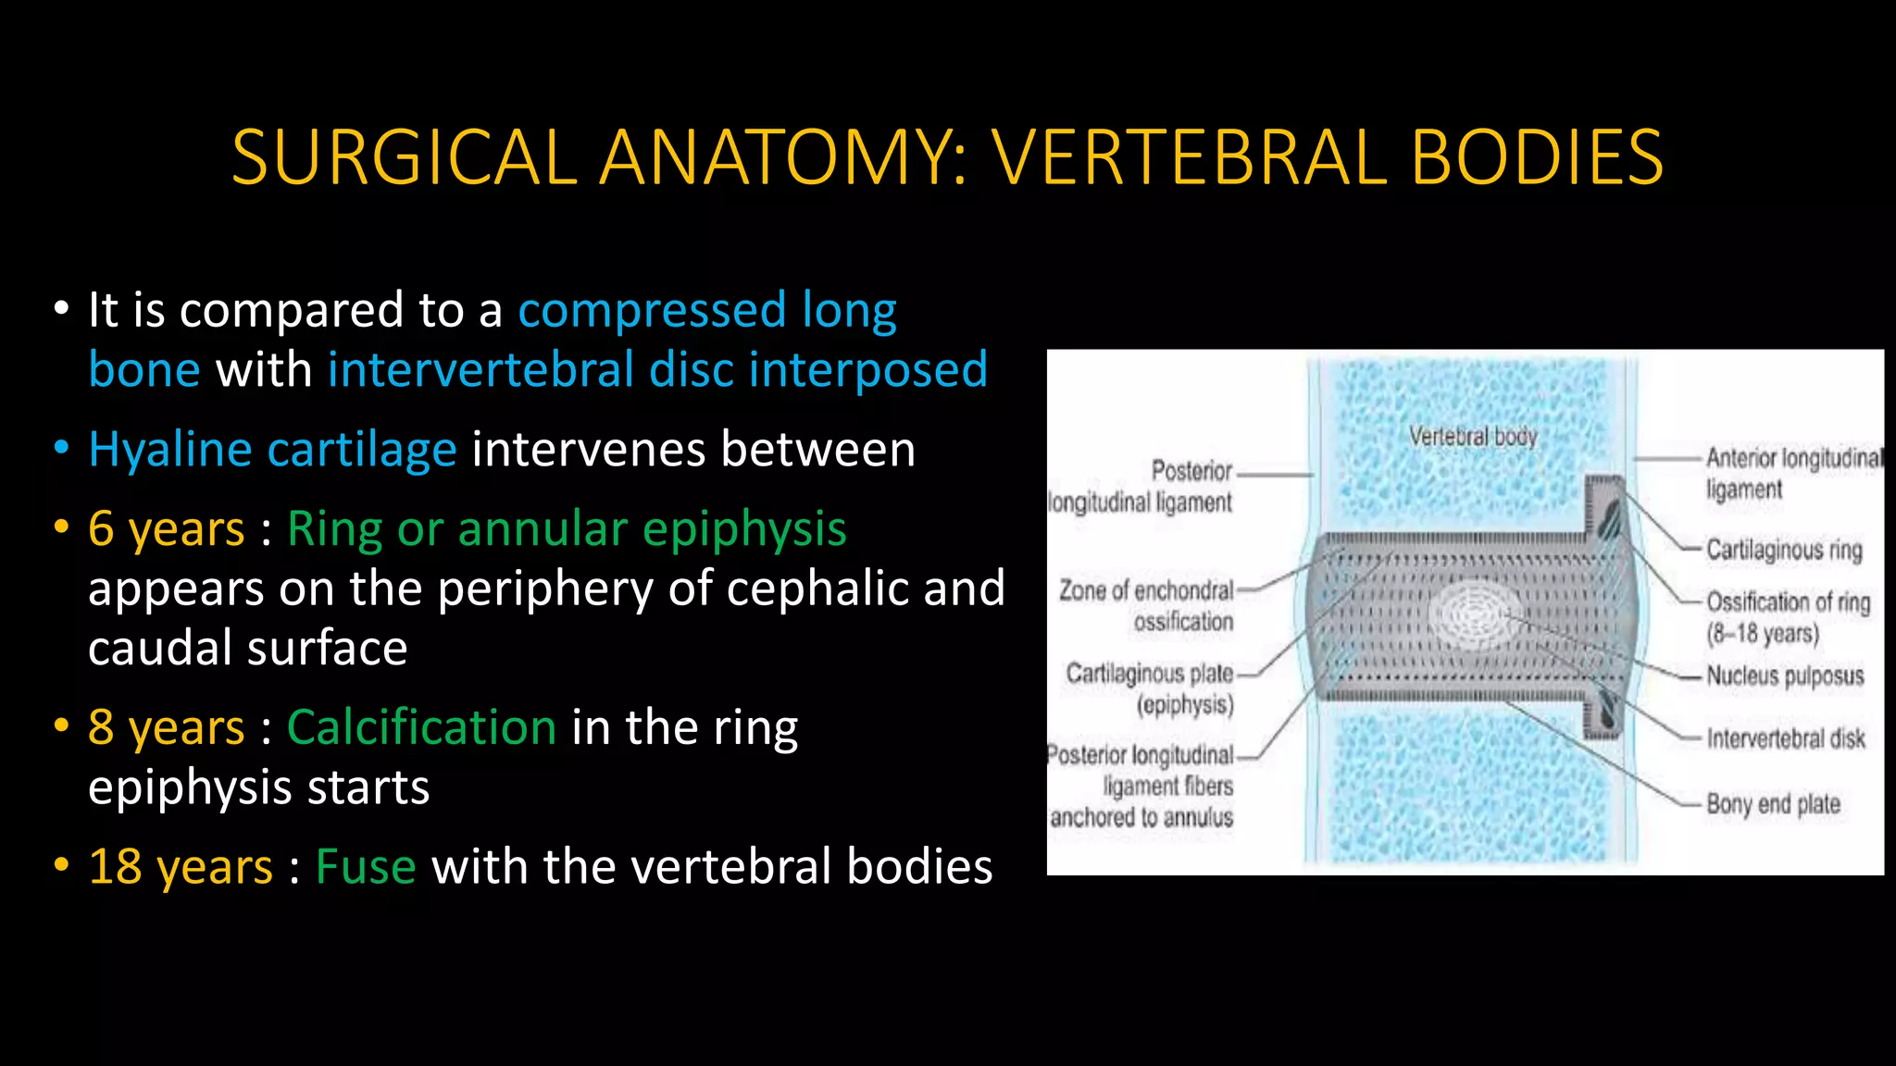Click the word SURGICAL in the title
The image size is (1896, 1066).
click(x=405, y=157)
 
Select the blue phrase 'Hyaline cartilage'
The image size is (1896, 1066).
click(x=272, y=451)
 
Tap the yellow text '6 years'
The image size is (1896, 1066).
click(x=167, y=529)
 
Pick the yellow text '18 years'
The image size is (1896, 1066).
click(x=181, y=868)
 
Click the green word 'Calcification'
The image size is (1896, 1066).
click(x=421, y=727)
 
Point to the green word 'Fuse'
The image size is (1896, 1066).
click(x=366, y=868)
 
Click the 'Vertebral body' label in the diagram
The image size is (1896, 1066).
click(x=1472, y=436)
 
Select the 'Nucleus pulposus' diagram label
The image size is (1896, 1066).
click(x=1785, y=676)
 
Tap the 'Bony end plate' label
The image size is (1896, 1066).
click(x=1773, y=803)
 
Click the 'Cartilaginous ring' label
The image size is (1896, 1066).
click(x=1784, y=550)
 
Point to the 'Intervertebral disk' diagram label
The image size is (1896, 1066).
click(x=1786, y=738)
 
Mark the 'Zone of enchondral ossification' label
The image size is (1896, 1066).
click(x=1148, y=605)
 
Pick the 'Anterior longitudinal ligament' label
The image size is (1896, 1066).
click(x=1791, y=473)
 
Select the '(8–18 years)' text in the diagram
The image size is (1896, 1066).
click(x=1763, y=634)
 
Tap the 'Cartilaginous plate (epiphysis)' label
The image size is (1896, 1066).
click(x=1152, y=688)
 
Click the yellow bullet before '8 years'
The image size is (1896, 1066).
click(x=62, y=725)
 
